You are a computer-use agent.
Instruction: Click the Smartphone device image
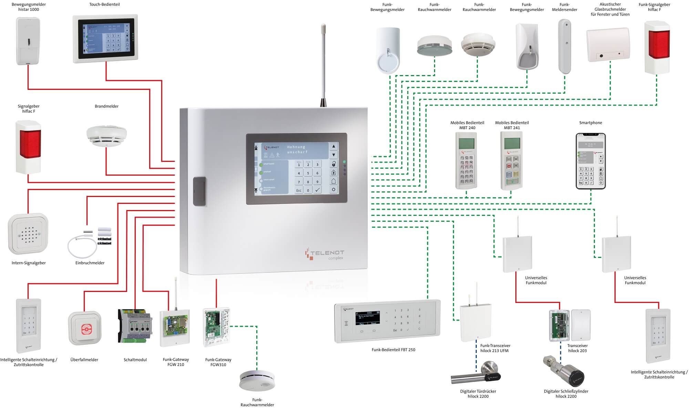pyautogui.click(x=590, y=161)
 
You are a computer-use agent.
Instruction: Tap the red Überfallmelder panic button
pyautogui.click(x=85, y=329)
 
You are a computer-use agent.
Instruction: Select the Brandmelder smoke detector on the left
pyautogui.click(x=106, y=136)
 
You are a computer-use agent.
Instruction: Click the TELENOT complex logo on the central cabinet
pyautogui.click(x=324, y=254)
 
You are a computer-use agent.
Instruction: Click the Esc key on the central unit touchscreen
pyautogui.click(x=299, y=190)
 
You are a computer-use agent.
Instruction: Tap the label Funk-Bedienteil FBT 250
pyautogui.click(x=393, y=349)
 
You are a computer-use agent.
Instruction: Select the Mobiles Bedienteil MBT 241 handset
pyautogui.click(x=512, y=160)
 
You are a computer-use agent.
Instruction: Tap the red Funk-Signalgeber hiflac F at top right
pyautogui.click(x=657, y=48)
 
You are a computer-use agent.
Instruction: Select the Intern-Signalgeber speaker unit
pyautogui.click(x=28, y=234)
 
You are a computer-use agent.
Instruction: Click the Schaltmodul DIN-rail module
pyautogui.click(x=135, y=326)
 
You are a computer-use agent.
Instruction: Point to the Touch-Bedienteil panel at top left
pyautogui.click(x=105, y=39)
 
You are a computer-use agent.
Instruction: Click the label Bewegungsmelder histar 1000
pyautogui.click(x=29, y=7)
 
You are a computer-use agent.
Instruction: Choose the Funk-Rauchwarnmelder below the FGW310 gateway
pyautogui.click(x=257, y=380)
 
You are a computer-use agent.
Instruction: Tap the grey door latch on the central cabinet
pyautogui.click(x=199, y=191)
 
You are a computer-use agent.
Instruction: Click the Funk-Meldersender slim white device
pyautogui.click(x=565, y=46)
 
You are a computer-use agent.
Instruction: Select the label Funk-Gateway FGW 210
pyautogui.click(x=176, y=362)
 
